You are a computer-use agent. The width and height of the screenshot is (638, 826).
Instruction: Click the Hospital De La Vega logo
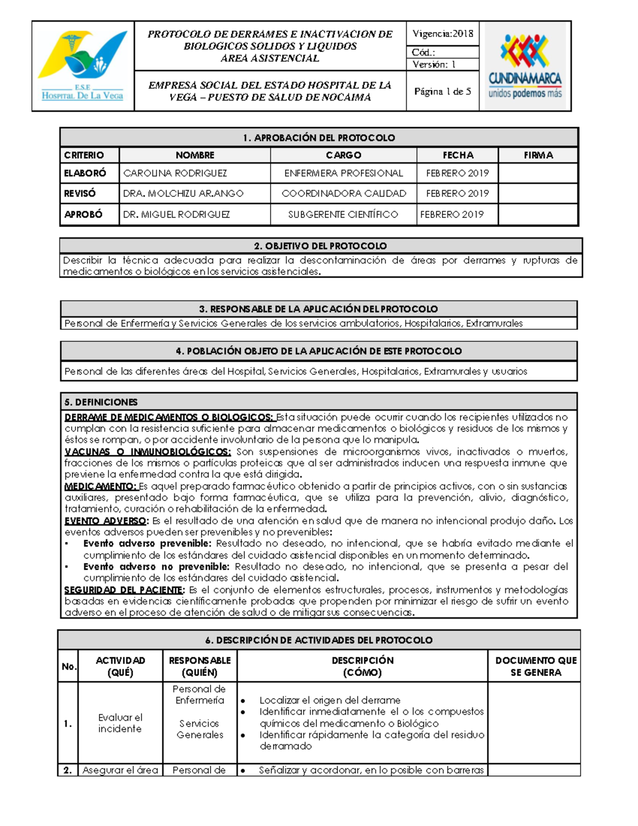click(x=83, y=66)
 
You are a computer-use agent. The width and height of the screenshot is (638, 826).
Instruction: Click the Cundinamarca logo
click(x=525, y=66)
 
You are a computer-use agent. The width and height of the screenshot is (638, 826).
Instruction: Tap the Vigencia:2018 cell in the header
click(x=442, y=34)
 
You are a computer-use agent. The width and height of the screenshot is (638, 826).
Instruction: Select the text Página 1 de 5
click(x=442, y=91)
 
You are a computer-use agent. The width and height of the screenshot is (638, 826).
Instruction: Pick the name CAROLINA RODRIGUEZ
click(x=175, y=173)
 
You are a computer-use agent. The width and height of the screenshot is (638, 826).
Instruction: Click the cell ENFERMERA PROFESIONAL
click(x=343, y=173)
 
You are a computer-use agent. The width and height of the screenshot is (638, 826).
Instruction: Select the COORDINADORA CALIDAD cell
click(x=343, y=194)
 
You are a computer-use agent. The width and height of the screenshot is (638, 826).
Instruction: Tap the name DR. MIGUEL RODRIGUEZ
click(x=177, y=214)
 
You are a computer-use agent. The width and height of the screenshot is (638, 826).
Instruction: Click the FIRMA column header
click(x=538, y=155)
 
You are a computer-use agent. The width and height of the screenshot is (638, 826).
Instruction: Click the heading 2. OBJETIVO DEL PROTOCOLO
click(x=320, y=246)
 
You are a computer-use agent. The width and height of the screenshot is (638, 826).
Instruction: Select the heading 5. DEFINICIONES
click(x=101, y=402)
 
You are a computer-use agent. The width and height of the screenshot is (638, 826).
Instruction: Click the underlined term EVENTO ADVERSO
click(x=105, y=521)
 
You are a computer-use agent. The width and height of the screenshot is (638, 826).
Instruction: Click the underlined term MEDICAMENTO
click(x=100, y=486)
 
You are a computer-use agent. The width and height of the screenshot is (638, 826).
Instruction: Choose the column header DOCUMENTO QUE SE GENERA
click(x=535, y=666)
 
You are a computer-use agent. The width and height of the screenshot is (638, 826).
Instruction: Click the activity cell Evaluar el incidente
click(x=120, y=723)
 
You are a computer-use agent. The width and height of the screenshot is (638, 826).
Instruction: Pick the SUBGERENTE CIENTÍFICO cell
click(x=343, y=214)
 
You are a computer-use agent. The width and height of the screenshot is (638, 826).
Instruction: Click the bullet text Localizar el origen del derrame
click(x=330, y=700)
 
